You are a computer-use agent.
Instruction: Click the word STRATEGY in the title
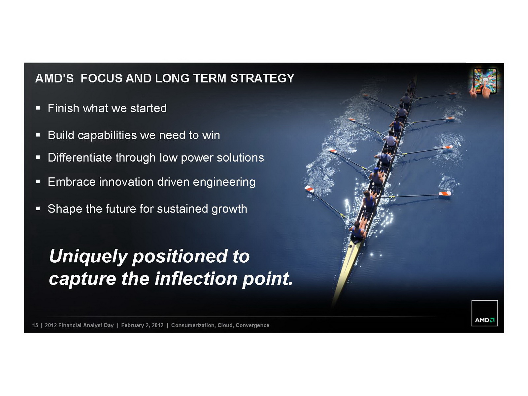pyautogui.click(x=262, y=78)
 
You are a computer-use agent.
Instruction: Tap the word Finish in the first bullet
pyautogui.click(x=63, y=108)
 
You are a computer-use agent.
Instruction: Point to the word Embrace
pyautogui.click(x=71, y=182)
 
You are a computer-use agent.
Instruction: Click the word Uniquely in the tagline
pyautogui.click(x=88, y=257)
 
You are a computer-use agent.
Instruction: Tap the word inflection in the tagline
pyautogui.click(x=196, y=279)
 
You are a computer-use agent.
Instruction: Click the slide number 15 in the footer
pyautogui.click(x=35, y=325)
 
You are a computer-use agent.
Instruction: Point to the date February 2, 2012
pyautogui.click(x=142, y=325)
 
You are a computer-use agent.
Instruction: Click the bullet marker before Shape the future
pyautogui.click(x=38, y=209)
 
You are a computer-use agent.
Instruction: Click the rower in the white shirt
pyautogui.click(x=390, y=140)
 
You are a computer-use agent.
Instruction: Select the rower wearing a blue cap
pyautogui.click(x=376, y=177)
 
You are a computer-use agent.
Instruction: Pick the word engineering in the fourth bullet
pyautogui.click(x=224, y=182)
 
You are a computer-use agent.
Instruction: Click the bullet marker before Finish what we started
pyautogui.click(x=38, y=108)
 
